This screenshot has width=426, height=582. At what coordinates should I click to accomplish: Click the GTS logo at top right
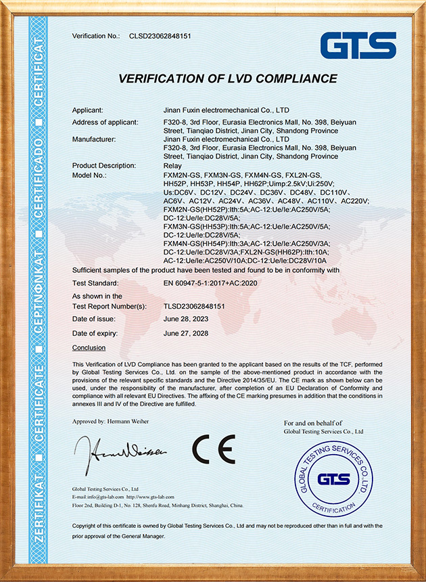[358, 45]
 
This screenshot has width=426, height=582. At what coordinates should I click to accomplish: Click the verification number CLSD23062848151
[160, 35]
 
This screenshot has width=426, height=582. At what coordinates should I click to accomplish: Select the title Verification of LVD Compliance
[227, 79]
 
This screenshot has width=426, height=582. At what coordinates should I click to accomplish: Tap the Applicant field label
[88, 110]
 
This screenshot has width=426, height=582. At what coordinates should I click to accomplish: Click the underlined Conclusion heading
[89, 348]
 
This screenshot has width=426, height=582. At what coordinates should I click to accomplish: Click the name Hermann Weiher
[129, 422]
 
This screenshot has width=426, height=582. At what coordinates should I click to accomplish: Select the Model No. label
[90, 175]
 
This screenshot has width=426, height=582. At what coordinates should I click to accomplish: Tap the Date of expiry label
[95, 334]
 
